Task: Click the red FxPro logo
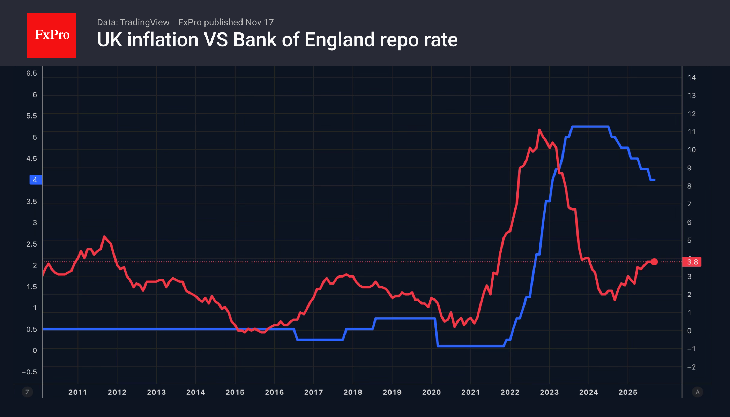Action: [x=52, y=35]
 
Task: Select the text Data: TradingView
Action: [x=133, y=22]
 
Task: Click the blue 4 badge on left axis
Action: [x=35, y=180]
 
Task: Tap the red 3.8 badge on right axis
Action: [x=692, y=262]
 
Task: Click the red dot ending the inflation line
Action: [x=654, y=261]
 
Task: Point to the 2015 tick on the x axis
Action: [x=235, y=392]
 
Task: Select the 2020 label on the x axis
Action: [x=431, y=392]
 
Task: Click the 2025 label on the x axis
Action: [x=628, y=392]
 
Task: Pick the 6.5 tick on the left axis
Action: [x=31, y=73]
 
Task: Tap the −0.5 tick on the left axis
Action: [x=29, y=372]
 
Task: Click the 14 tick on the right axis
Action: [x=692, y=77]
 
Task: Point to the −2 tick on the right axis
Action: [x=691, y=367]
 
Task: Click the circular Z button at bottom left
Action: [x=27, y=392]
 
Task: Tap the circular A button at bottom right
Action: [x=697, y=392]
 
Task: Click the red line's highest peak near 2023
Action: [x=539, y=130]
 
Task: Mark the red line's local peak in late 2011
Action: [x=104, y=236]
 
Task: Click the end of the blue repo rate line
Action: [x=654, y=180]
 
